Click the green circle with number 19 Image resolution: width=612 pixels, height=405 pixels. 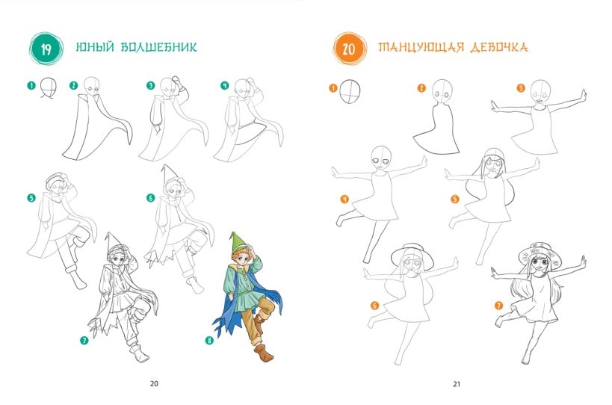coord(46,49)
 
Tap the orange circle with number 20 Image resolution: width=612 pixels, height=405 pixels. coord(349,49)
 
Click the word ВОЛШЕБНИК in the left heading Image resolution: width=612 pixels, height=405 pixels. coord(159,47)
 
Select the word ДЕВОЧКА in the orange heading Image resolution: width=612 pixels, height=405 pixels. coord(499,47)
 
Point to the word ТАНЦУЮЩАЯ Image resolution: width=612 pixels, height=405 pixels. coord(421,47)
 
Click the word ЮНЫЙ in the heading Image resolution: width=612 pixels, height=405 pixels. coord(95,47)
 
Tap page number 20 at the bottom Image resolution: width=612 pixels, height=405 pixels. coord(154,383)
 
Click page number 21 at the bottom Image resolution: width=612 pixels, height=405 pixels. coord(457,383)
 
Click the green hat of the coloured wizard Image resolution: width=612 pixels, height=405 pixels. coord(237,241)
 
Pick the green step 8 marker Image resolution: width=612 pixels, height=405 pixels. coord(209,340)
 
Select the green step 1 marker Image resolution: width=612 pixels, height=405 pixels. coord(31,85)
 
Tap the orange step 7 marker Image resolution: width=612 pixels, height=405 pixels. coord(499,306)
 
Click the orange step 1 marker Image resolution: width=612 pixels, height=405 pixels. coord(333,88)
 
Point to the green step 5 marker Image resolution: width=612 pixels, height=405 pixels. coord(31,198)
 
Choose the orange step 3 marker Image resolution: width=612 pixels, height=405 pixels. coord(521,88)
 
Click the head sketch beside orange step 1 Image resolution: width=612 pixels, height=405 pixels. coord(350,91)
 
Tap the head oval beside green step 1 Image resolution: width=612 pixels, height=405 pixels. coord(49,87)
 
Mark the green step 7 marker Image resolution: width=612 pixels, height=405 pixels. coord(84,340)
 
